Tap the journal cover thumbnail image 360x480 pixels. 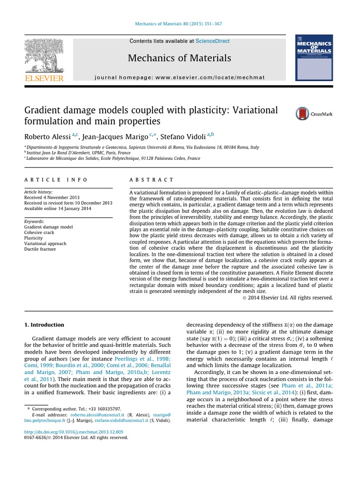(x=314, y=58)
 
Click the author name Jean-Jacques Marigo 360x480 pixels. (x=116, y=137)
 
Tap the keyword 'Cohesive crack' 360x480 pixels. (x=40, y=232)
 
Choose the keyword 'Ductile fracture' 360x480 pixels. (x=40, y=249)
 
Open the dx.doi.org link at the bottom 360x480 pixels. (x=73, y=432)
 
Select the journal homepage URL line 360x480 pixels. (x=180, y=77)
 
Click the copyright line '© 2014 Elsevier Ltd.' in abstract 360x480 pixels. (x=288, y=298)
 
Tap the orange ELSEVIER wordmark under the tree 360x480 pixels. (x=44, y=78)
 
